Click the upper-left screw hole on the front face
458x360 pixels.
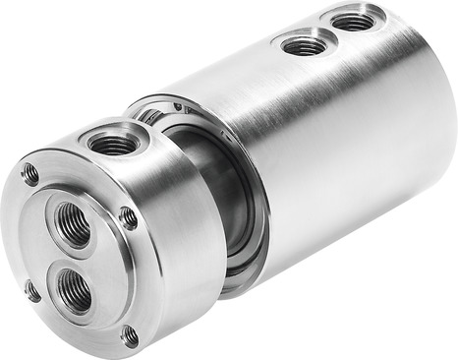tap(30, 175)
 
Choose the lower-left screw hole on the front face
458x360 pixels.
tap(32, 290)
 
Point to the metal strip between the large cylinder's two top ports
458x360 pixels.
tap(329, 31)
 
